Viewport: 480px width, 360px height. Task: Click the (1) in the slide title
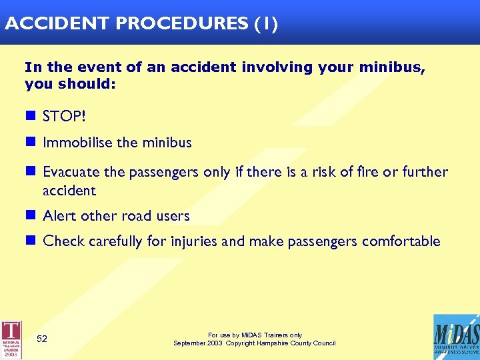(265, 24)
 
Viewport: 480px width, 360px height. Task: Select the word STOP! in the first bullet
(64, 117)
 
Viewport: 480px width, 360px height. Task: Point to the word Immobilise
(73, 143)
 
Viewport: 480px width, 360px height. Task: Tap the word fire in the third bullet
(366, 172)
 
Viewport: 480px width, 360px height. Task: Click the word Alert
(59, 216)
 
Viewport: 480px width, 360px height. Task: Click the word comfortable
(401, 241)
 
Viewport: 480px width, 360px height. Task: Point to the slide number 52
(42, 339)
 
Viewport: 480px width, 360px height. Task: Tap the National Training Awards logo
(11, 339)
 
